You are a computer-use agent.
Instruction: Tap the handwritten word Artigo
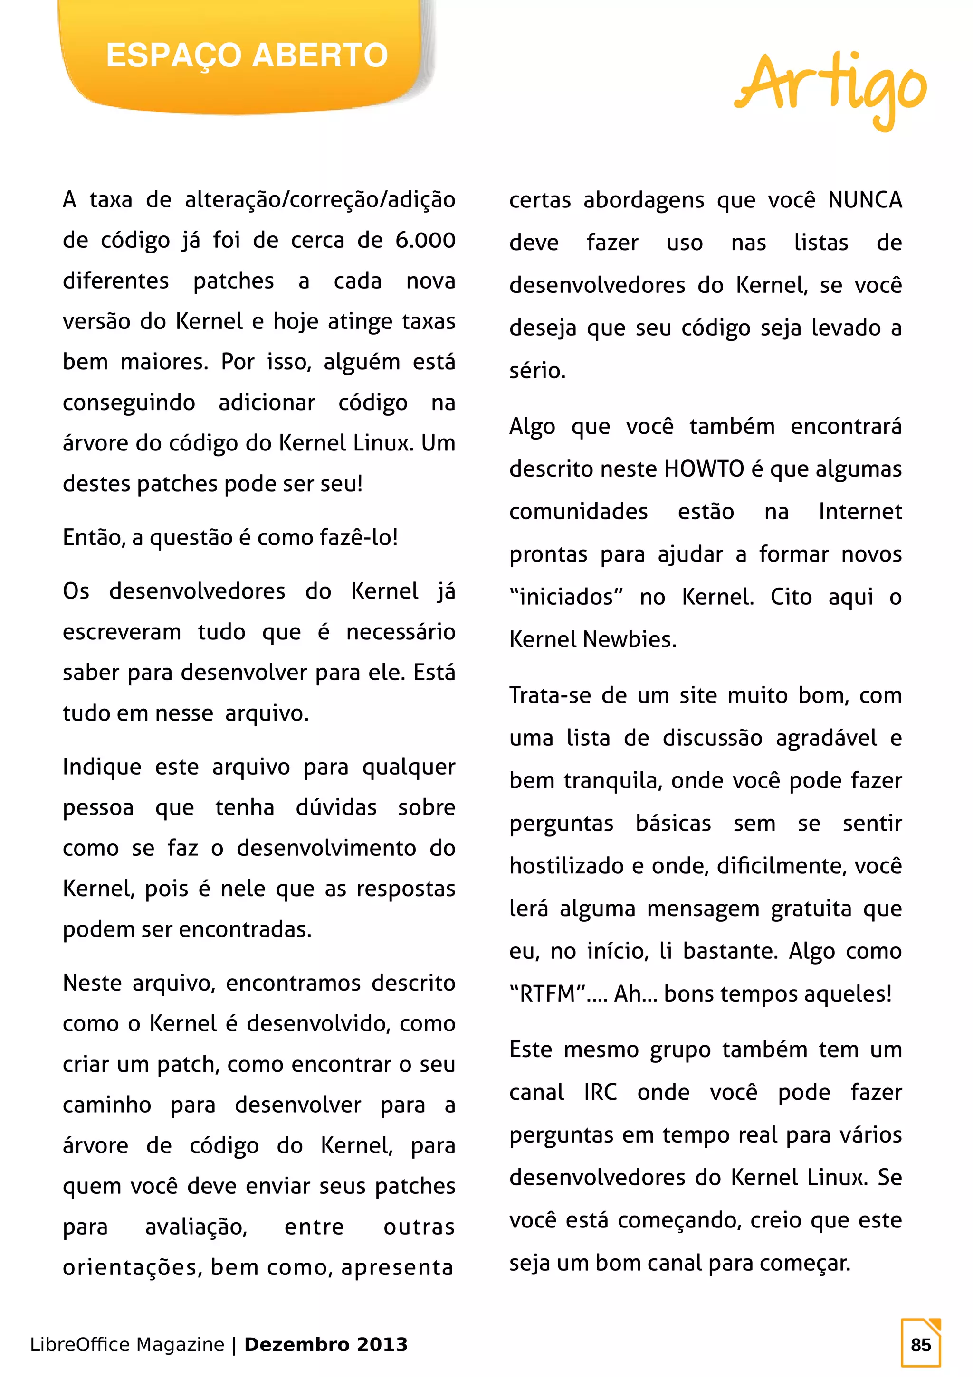[831, 87]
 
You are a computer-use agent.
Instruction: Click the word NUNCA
[865, 200]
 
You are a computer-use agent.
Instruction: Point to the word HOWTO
[704, 469]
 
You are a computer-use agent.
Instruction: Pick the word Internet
[859, 512]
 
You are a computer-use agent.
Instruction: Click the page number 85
[920, 1345]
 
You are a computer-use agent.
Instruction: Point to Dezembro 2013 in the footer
[326, 1345]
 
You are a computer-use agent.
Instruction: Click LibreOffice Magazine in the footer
[127, 1345]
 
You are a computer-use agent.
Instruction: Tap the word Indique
[102, 767]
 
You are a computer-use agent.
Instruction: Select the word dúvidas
[336, 808]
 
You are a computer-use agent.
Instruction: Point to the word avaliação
[196, 1227]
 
